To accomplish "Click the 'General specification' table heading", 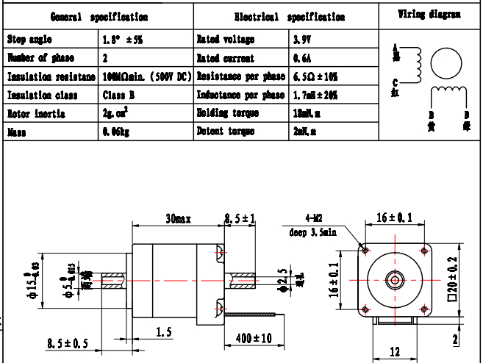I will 99,16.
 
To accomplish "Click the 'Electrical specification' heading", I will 288,16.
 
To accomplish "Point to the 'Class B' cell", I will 119,95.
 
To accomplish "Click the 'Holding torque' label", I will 228,113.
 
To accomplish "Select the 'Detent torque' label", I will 226,132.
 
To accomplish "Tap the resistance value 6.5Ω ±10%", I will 315,76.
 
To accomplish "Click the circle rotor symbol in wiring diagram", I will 443,63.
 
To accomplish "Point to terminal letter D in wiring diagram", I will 465,115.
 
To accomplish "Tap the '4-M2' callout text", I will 314,218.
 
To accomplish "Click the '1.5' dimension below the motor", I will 165,332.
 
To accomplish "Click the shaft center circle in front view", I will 395,280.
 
